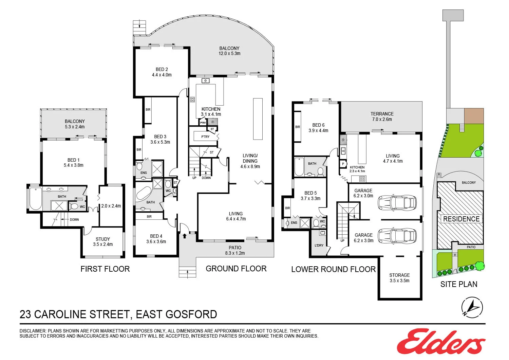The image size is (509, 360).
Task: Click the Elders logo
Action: [x=441, y=341]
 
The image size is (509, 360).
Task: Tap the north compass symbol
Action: [x=472, y=307]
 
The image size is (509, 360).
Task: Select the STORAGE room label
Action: [x=399, y=275]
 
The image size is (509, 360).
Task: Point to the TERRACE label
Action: [x=382, y=114]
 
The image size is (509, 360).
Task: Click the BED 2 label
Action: [x=162, y=69]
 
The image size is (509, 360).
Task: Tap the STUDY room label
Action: [x=103, y=239]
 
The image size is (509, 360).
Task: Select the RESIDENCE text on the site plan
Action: [x=461, y=219]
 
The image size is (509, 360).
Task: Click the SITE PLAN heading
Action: [x=459, y=284]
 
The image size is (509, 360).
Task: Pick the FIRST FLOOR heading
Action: [x=105, y=269]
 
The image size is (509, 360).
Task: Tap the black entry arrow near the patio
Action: [x=185, y=235]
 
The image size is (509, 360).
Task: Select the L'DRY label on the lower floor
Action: [x=319, y=245]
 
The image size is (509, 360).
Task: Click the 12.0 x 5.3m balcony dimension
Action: [x=229, y=54]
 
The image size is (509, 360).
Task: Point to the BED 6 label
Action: [x=318, y=125]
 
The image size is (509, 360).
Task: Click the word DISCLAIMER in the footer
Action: [x=33, y=331]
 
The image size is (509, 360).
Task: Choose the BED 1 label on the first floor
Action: [x=73, y=160]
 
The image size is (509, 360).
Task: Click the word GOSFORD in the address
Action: [x=191, y=314]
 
